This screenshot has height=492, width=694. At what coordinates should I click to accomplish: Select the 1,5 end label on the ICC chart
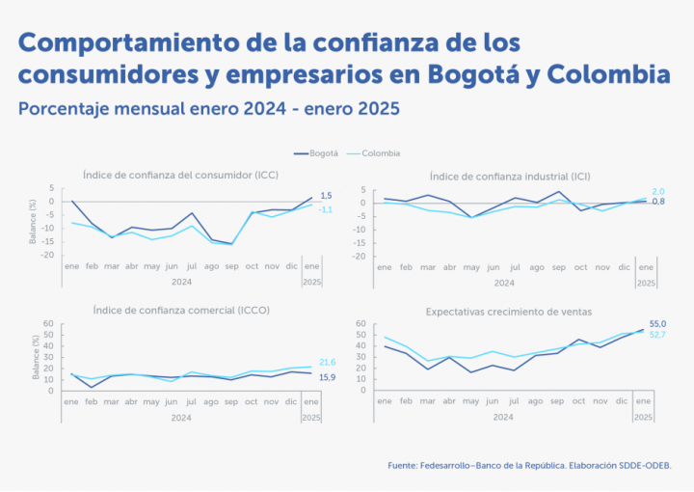coord(326,196)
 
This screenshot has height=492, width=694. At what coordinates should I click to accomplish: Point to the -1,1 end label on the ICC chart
coord(326,209)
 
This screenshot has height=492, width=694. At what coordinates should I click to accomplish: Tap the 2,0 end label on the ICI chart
coord(659,192)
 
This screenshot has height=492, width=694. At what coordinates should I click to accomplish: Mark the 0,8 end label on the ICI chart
coord(659,202)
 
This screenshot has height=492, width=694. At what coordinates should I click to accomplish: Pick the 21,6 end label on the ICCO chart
coord(328,362)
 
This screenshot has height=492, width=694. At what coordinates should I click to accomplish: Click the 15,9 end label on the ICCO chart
coord(328,376)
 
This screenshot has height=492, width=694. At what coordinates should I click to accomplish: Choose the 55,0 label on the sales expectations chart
coord(659,324)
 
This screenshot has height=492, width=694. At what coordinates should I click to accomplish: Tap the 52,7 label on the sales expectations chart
coord(659,335)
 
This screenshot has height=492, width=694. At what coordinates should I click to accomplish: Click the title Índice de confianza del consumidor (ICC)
coord(181,175)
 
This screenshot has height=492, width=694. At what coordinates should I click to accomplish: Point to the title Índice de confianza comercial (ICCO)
coord(181,311)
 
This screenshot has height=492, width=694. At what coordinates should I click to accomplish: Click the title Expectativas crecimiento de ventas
coord(509,312)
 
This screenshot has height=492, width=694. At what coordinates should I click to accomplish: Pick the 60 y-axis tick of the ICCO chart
coord(49,324)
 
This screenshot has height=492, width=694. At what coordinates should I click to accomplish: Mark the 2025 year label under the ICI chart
coord(645,283)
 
